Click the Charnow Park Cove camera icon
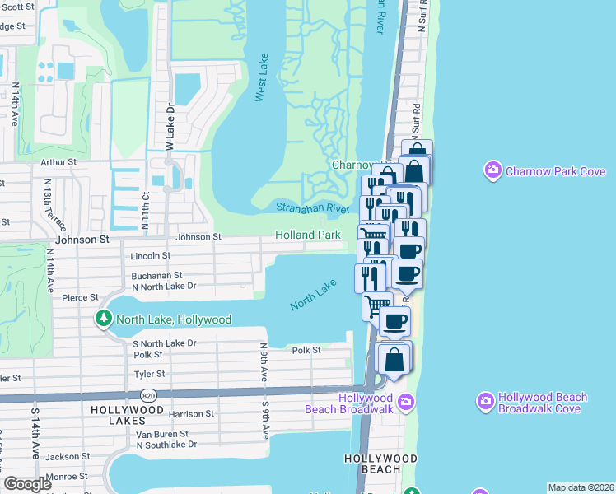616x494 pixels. point(493,171)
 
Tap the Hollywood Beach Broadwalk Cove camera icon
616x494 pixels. point(486,403)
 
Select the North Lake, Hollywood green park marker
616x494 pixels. point(105,319)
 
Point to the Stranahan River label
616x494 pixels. point(312,208)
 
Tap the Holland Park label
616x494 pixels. point(308,235)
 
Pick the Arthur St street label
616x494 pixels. point(58,163)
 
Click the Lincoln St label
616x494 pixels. point(150,256)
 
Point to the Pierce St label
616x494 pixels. point(80,297)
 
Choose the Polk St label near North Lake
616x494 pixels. point(306,350)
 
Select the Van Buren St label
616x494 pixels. point(161,434)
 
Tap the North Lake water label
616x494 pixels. point(314,296)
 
